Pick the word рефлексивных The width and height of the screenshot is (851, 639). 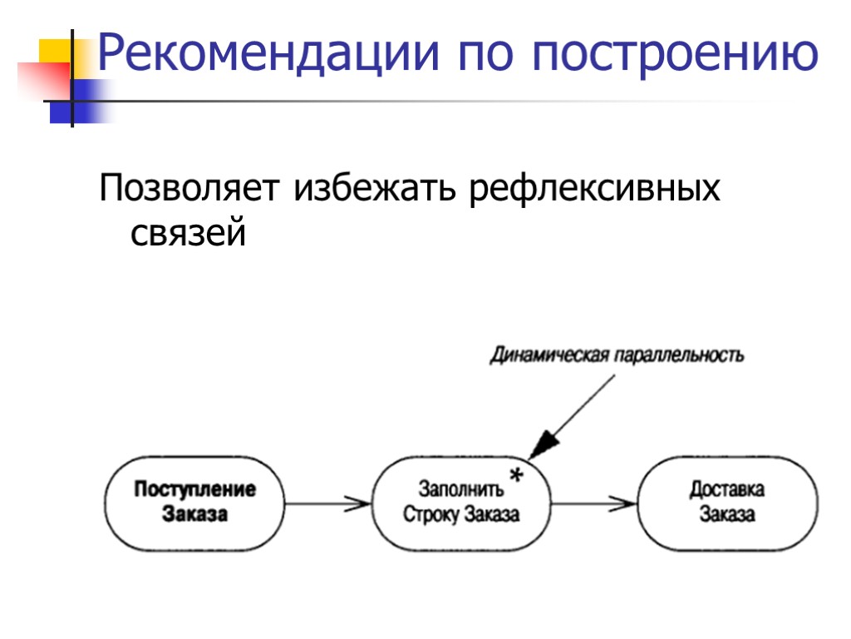click(x=595, y=191)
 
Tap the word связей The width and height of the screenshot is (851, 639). click(x=189, y=233)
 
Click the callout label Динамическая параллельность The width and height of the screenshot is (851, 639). click(x=617, y=355)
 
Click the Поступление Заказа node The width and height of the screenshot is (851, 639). click(x=194, y=502)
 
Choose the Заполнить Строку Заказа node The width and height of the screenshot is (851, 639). click(x=461, y=502)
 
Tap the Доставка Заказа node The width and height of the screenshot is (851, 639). click(x=727, y=502)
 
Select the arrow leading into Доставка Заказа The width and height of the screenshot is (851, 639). click(x=593, y=503)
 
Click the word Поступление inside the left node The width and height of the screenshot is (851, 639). click(x=194, y=489)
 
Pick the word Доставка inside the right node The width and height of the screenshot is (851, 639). click(x=727, y=489)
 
